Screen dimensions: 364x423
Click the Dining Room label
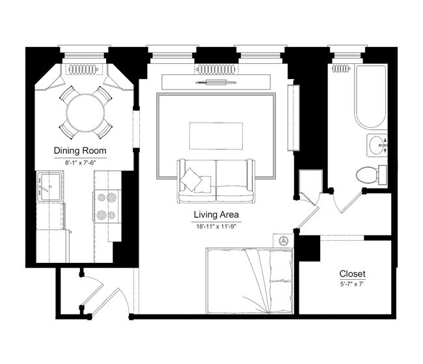pyautogui.click(x=80, y=151)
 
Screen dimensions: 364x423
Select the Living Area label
pyautogui.click(x=216, y=214)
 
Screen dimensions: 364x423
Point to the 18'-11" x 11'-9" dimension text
pyautogui.click(x=216, y=226)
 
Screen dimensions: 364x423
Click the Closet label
pyautogui.click(x=352, y=273)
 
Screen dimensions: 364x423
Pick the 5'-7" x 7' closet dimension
pyautogui.click(x=352, y=284)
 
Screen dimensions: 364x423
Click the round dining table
pyautogui.click(x=86, y=112)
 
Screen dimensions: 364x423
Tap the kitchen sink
pyautogui.click(x=49, y=187)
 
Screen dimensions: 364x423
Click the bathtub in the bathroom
pyautogui.click(x=370, y=98)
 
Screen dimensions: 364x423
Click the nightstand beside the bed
pyautogui.click(x=283, y=239)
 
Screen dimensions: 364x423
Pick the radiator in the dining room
pyautogui.click(x=82, y=69)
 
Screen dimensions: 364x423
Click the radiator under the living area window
pyautogui.click(x=216, y=69)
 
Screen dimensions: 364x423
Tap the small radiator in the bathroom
pyautogui.click(x=341, y=68)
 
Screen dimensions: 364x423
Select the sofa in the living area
pyautogui.click(x=216, y=181)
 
